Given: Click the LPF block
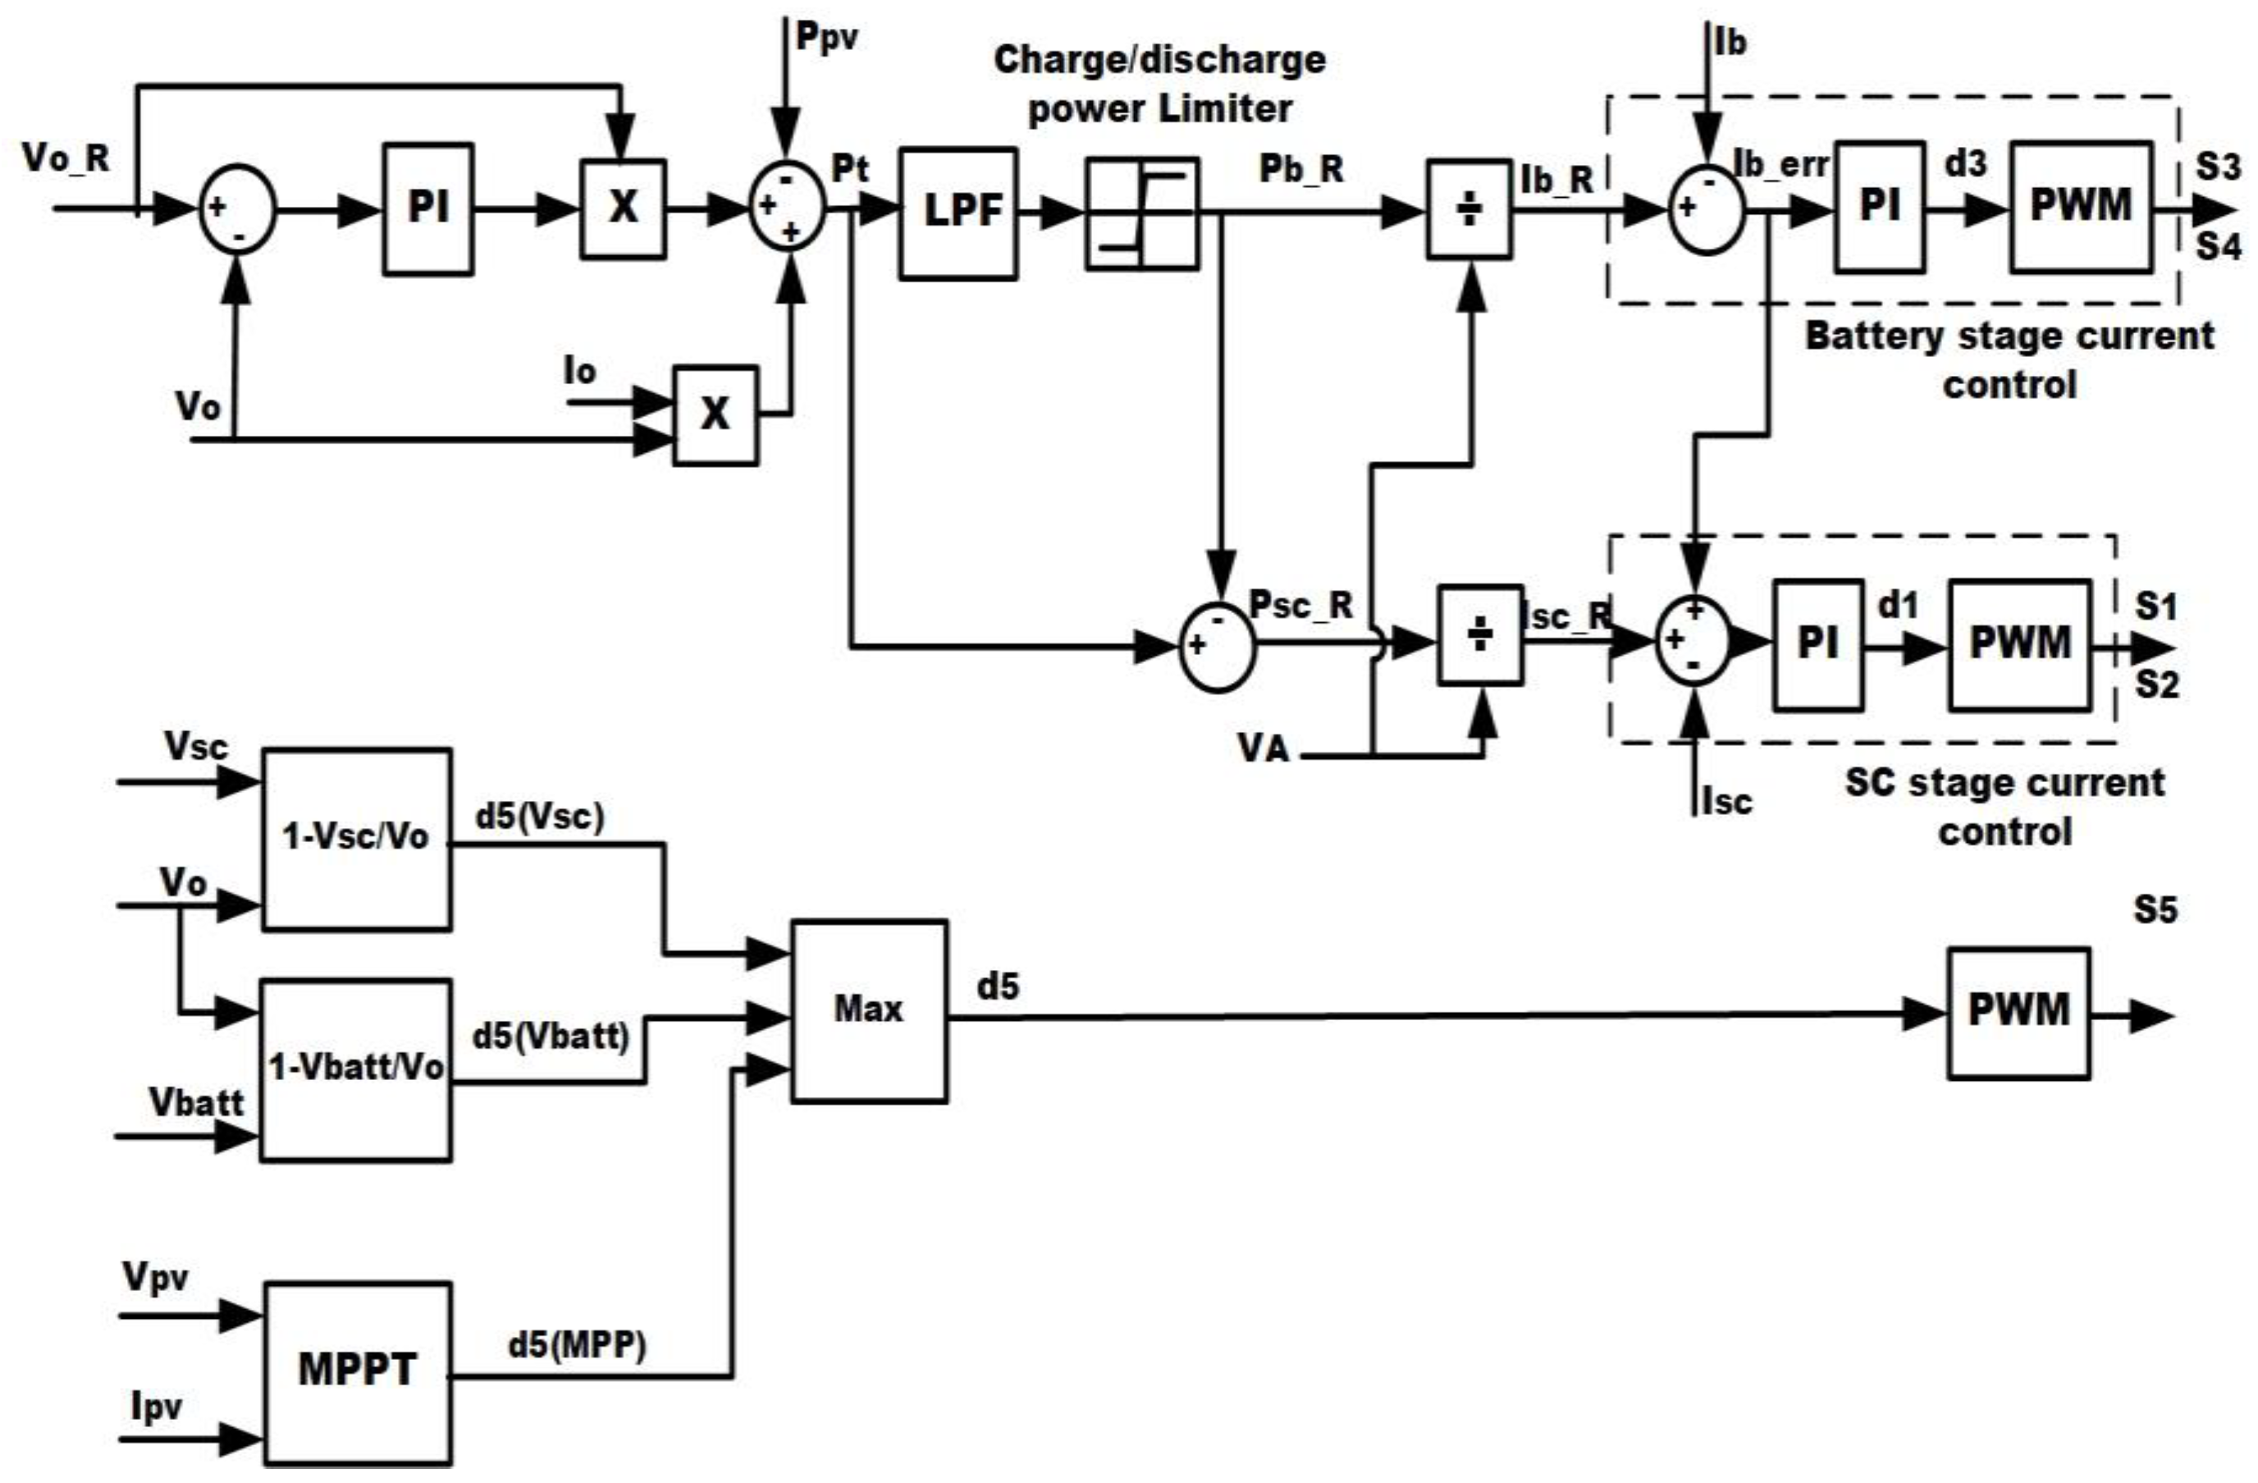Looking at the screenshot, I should click(x=958, y=213).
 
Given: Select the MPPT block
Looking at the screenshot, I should click(x=357, y=1372).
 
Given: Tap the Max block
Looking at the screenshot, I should click(x=869, y=1010).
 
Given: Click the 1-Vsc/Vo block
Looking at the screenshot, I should click(x=357, y=839).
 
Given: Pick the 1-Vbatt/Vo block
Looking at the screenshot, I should click(x=356, y=1069).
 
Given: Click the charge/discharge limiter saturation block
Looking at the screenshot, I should click(x=1142, y=213).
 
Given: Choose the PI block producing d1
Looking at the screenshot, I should click(x=1817, y=645).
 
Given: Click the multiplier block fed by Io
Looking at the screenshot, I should click(x=715, y=414).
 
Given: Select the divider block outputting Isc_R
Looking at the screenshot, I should click(x=1480, y=634).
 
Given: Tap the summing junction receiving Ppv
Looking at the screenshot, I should click(x=788, y=206).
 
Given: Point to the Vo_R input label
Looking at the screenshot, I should click(x=66, y=158).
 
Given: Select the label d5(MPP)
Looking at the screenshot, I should click(x=577, y=1344).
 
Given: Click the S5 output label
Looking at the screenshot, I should click(x=2155, y=910).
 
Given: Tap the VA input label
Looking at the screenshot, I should click(x=1264, y=748).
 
